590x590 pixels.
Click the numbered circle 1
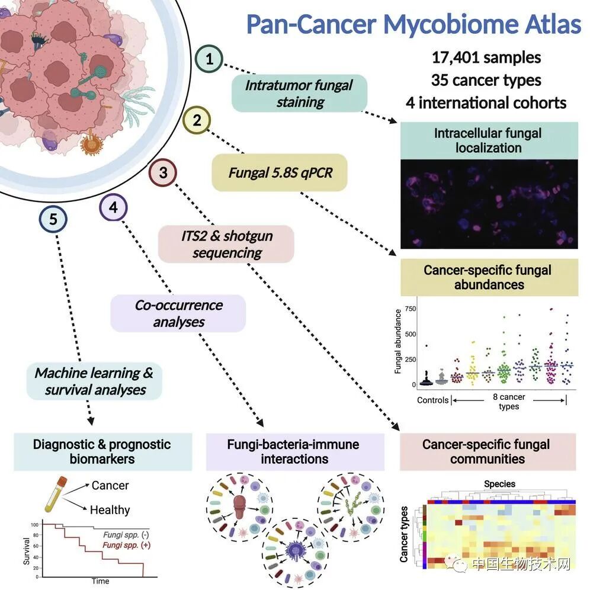(x=211, y=59)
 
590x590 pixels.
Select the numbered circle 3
(x=163, y=173)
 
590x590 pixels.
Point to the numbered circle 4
(x=113, y=207)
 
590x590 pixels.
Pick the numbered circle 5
(x=53, y=219)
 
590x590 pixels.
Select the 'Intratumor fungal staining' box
(x=300, y=93)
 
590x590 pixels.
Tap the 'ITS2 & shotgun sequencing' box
(x=226, y=243)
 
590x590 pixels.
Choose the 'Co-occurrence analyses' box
(x=178, y=313)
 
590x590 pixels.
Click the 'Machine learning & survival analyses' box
(x=94, y=381)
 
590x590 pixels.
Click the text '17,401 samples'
(x=486, y=57)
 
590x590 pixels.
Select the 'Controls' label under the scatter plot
(x=432, y=400)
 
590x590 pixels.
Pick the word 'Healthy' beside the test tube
(x=110, y=509)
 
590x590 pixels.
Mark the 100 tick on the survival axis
(x=35, y=525)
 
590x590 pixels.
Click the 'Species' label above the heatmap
(x=500, y=483)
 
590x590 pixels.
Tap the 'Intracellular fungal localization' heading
(x=488, y=140)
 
